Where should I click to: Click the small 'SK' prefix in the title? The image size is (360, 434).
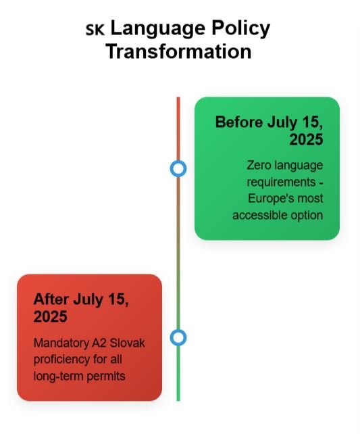[95, 30]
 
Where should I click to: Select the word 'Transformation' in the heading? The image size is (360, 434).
[178, 51]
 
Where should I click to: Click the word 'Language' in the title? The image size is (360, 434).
[158, 29]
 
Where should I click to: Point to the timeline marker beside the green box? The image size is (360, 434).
[178, 168]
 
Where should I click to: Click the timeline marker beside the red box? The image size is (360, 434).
[178, 337]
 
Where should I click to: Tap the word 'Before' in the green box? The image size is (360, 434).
[239, 122]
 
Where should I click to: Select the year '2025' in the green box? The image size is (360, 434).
[306, 139]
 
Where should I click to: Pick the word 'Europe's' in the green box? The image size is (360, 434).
[272, 199]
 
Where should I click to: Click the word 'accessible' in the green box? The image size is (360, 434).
[256, 215]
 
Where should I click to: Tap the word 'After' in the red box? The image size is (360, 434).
[51, 299]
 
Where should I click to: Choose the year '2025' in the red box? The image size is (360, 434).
[51, 316]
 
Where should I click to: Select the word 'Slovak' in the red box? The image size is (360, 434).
[127, 343]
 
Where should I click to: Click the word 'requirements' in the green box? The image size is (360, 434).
[281, 182]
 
